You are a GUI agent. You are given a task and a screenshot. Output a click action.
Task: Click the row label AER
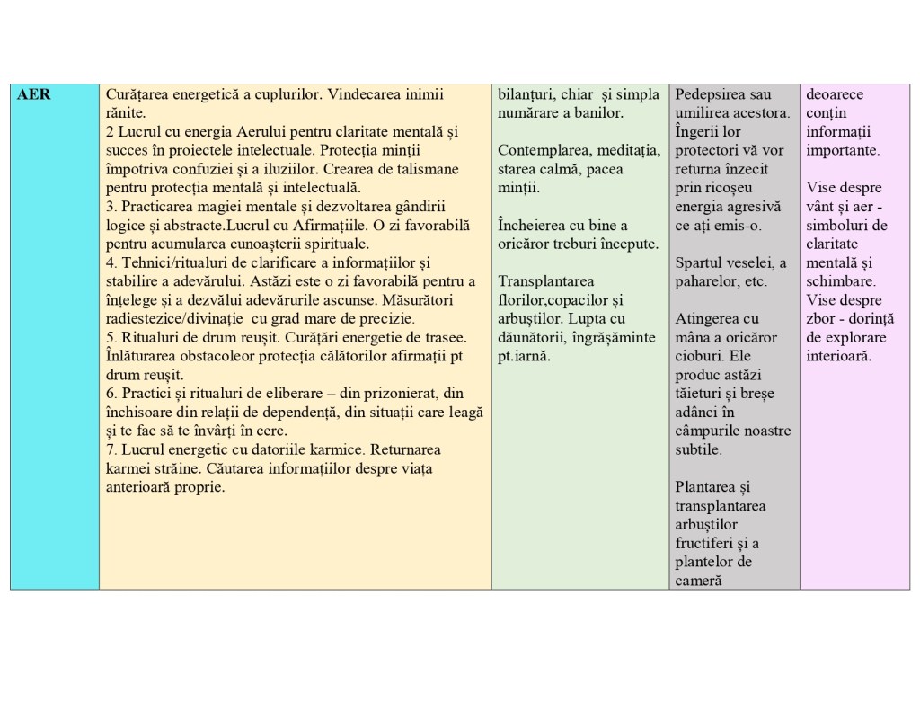pyautogui.click(x=33, y=94)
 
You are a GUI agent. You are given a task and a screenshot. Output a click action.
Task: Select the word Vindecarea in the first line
pyautogui.click(x=360, y=94)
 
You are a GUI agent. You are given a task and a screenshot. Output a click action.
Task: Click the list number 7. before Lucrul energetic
pyautogui.click(x=111, y=449)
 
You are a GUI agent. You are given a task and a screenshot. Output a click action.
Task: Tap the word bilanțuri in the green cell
pyautogui.click(x=527, y=94)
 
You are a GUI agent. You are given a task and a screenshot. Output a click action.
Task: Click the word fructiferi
pyautogui.click(x=706, y=543)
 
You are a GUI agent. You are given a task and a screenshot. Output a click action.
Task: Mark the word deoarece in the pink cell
pyautogui.click(x=835, y=94)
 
